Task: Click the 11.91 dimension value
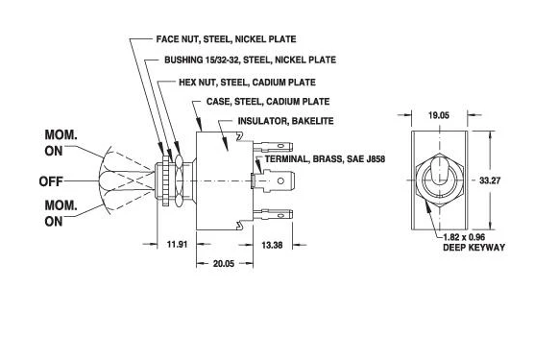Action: [177, 245]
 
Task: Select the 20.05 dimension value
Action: [224, 264]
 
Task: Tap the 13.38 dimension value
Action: [272, 245]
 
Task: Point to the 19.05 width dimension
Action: [439, 115]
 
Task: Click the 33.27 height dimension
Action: [490, 180]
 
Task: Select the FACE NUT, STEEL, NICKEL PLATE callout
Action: [226, 38]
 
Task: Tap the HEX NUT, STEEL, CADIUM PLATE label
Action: [247, 83]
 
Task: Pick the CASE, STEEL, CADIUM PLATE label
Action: [268, 102]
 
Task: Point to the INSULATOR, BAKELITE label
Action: [285, 121]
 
